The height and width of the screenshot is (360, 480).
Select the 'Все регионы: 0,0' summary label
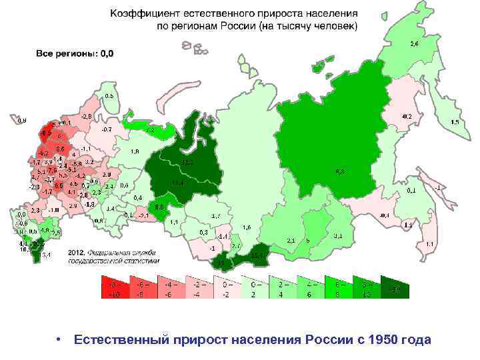74,53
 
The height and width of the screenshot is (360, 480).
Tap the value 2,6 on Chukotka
414,43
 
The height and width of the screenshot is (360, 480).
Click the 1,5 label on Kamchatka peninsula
455,123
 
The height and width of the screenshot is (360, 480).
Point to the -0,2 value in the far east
406,116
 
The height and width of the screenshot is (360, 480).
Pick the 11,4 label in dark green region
177,183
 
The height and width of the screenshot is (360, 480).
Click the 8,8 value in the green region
160,207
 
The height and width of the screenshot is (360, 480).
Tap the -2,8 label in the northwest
86,116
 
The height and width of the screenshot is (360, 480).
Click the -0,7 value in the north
106,129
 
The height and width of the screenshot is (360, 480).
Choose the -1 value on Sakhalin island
437,187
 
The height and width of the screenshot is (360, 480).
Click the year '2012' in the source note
76,253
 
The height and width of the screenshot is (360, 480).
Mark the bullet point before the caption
59,340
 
